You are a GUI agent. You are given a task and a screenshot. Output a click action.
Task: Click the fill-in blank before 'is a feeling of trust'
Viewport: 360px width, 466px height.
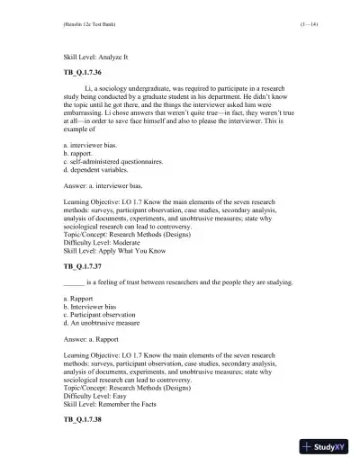pyautogui.click(x=74, y=282)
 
